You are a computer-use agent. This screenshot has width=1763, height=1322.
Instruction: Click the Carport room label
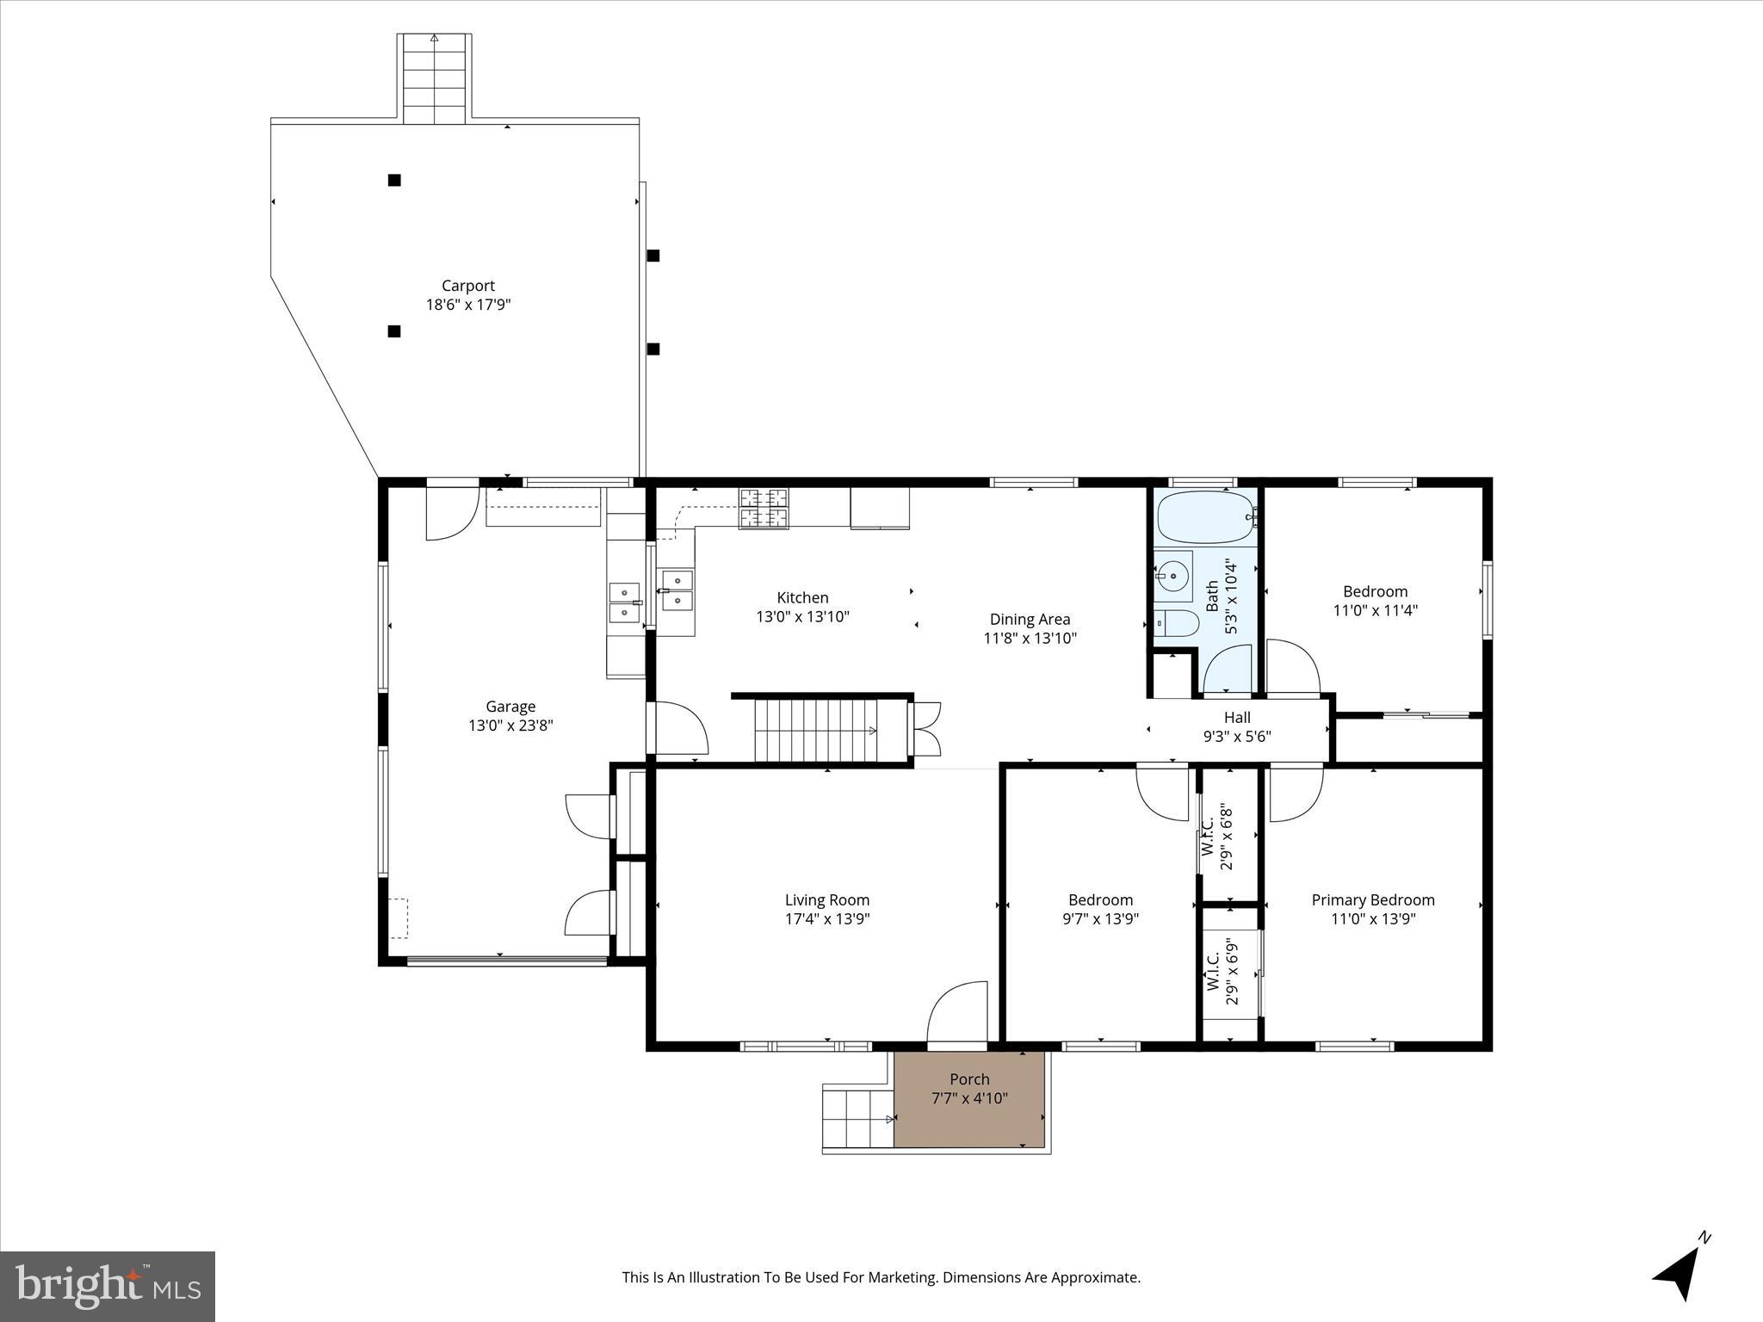(467, 286)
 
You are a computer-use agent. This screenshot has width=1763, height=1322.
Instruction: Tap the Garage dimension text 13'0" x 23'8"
(510, 726)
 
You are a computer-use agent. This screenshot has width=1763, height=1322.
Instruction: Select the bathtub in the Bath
(1204, 517)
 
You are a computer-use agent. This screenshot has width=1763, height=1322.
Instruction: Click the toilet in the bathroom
(1176, 623)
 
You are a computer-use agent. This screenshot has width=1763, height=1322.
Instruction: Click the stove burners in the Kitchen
(763, 507)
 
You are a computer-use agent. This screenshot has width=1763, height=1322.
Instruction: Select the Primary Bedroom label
(1372, 900)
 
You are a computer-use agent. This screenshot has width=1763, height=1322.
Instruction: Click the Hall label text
(1237, 718)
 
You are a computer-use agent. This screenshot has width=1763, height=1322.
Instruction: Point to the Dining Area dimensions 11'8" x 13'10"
(1030, 639)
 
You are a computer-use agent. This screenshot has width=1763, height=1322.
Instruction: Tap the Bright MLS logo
(108, 1287)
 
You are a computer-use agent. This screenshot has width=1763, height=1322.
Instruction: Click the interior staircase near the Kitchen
(816, 731)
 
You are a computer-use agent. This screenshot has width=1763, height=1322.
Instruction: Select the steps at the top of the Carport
(434, 79)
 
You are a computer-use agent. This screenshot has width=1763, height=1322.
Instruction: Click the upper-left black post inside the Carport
(394, 180)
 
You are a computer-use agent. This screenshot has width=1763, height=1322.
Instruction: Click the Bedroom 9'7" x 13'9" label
(1100, 910)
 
